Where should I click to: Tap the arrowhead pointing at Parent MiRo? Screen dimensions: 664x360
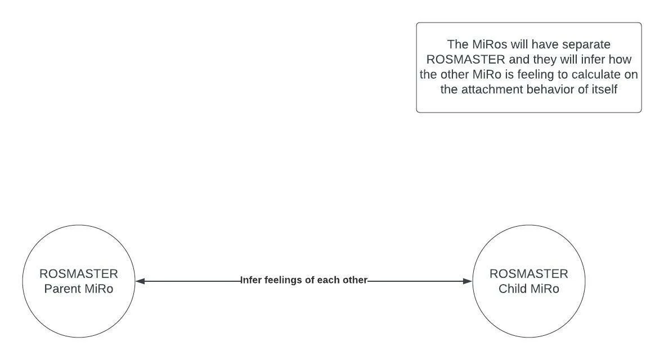pyautogui.click(x=141, y=281)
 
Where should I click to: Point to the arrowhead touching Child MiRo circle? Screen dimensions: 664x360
pyautogui.click(x=467, y=281)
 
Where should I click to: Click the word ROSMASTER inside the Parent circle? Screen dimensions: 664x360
pyautogui.click(x=79, y=274)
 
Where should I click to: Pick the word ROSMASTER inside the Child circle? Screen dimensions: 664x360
pyautogui.click(x=529, y=274)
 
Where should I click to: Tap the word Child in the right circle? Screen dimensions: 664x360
pyautogui.click(x=513, y=289)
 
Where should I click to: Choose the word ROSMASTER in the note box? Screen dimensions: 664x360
pyautogui.click(x=466, y=60)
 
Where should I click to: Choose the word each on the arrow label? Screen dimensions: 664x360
pyautogui.click(x=327, y=280)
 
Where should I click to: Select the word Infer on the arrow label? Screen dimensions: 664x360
pyautogui.click(x=252, y=280)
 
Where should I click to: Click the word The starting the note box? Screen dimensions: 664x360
pyautogui.click(x=458, y=44)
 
